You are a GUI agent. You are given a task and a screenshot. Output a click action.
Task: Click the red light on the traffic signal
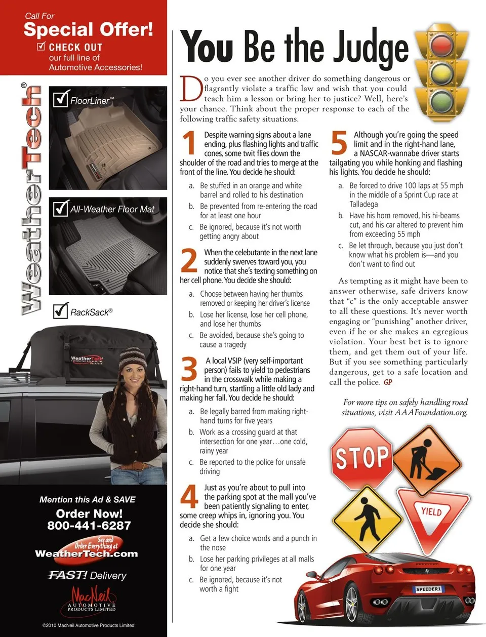point(441,45)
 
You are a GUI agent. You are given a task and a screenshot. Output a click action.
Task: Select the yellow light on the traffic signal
point(441,72)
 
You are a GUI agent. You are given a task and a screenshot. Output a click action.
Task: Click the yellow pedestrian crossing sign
point(368,520)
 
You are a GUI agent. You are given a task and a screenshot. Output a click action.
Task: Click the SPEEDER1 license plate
point(428,589)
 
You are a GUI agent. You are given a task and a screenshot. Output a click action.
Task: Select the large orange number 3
point(189,369)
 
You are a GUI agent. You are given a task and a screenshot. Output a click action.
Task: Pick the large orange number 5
point(339,142)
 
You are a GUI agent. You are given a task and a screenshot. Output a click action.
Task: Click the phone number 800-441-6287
point(89,525)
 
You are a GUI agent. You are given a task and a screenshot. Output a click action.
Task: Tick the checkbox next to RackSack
point(61,310)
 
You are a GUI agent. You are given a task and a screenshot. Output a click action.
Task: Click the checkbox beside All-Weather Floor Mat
point(61,208)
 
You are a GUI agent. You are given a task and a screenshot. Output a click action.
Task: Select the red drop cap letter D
point(191,89)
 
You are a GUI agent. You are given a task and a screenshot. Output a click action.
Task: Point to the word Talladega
point(363,204)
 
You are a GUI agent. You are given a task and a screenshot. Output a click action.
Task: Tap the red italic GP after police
point(388,382)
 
